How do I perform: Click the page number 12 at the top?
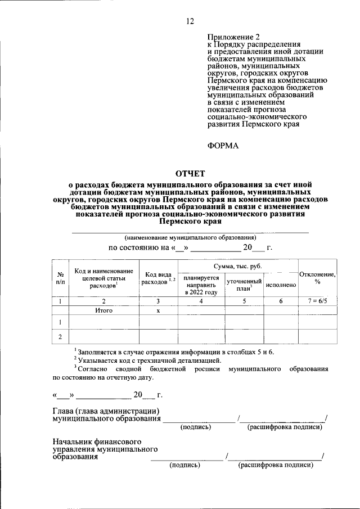[190, 21]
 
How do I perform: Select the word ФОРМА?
[223, 146]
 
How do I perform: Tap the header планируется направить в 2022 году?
[201, 285]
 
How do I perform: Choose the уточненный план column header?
[244, 285]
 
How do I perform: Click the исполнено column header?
[281, 285]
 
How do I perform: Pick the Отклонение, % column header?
[317, 278]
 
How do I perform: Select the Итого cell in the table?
[103, 310]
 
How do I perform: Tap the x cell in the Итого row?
[158, 310]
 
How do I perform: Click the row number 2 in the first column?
[60, 337]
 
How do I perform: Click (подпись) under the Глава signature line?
[195, 427]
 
